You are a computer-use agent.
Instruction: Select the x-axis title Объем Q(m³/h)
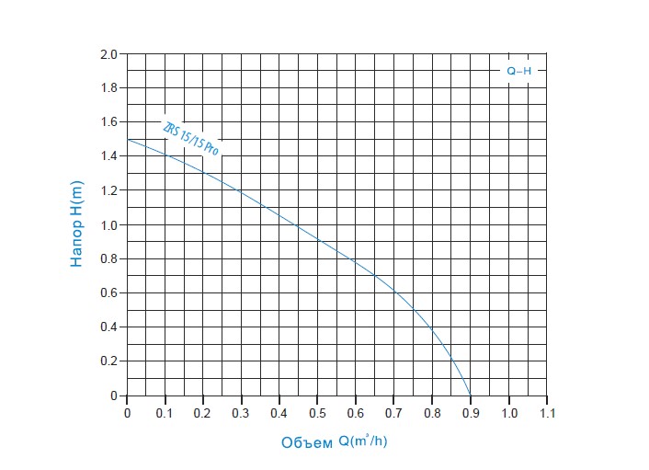coord(336,442)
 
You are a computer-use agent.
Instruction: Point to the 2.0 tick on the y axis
coord(108,54)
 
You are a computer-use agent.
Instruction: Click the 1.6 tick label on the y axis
coord(108,122)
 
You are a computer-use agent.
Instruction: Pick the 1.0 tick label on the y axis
coord(108,225)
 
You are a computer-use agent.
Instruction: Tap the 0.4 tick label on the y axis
coord(108,327)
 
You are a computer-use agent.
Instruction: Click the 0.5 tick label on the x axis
coord(317,413)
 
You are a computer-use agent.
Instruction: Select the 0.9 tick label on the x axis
coord(470,413)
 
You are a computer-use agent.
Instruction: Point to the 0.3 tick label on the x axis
coord(241,413)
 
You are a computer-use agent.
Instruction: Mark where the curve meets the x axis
coord(470,395)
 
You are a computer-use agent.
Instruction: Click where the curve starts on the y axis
coord(127,139)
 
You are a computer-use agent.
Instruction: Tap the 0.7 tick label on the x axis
coord(393,413)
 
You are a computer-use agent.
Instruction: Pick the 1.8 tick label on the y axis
coord(108,88)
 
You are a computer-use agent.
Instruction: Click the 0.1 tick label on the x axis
coord(165,413)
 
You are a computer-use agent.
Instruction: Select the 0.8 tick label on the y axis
coord(108,259)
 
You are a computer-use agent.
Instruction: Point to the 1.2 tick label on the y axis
coord(108,190)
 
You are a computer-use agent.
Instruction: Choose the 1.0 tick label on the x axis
coord(508,413)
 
